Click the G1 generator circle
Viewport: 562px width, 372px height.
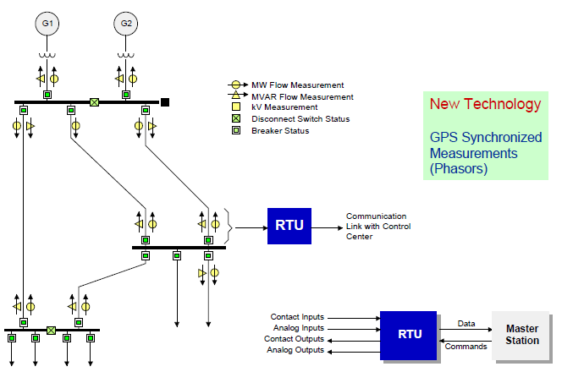(x=48, y=24)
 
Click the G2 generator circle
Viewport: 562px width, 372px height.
(x=126, y=24)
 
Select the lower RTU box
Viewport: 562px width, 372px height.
(x=408, y=333)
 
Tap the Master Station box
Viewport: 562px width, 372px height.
(x=521, y=334)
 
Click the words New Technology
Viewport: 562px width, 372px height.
(x=485, y=104)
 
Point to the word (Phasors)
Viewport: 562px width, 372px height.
(x=458, y=169)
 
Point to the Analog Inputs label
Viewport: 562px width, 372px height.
(x=297, y=328)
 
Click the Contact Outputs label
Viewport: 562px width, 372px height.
(x=295, y=339)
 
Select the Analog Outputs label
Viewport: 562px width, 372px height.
(x=295, y=350)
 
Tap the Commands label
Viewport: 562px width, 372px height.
(x=466, y=346)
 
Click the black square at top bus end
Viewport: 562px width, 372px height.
(x=165, y=102)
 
